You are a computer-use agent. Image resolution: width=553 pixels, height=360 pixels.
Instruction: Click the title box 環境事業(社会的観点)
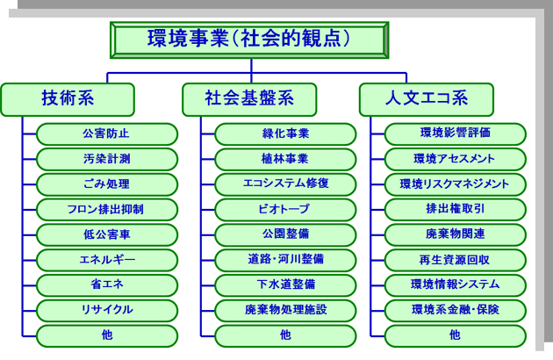(249, 40)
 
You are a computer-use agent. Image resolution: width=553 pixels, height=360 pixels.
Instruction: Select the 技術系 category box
(68, 99)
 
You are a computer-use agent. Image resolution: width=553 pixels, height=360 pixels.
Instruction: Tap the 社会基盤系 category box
(249, 99)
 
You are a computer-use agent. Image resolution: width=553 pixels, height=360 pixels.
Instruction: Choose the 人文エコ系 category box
(427, 99)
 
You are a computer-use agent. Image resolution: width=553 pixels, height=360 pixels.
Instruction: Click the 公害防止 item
(107, 134)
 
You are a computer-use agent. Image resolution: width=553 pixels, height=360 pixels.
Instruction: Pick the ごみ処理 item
(107, 184)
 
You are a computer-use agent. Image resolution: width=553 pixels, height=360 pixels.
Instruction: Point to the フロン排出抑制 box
(107, 210)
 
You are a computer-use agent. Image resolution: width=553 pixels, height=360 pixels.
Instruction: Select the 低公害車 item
(107, 234)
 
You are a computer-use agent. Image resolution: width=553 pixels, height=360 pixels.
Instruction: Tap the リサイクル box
(107, 311)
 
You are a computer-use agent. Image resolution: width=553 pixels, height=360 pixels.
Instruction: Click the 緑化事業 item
(285, 134)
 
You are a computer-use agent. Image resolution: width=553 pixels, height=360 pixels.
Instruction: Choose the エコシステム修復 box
(285, 184)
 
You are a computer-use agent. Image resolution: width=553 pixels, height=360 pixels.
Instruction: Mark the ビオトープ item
(285, 210)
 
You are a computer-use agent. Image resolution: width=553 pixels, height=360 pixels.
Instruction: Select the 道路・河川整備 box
(285, 260)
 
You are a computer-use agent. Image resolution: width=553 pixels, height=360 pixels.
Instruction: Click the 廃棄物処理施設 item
(285, 311)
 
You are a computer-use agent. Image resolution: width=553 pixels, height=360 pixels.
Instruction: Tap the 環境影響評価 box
(456, 134)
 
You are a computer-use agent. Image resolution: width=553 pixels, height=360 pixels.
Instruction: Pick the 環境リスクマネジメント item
(456, 184)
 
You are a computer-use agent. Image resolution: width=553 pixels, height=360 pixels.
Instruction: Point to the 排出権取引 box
(456, 210)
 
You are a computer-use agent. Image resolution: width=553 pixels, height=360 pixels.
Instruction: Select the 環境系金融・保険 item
(456, 311)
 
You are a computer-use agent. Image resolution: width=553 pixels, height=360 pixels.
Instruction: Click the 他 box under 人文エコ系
(456, 336)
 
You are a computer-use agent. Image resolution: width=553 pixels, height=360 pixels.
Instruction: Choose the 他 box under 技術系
(107, 336)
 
